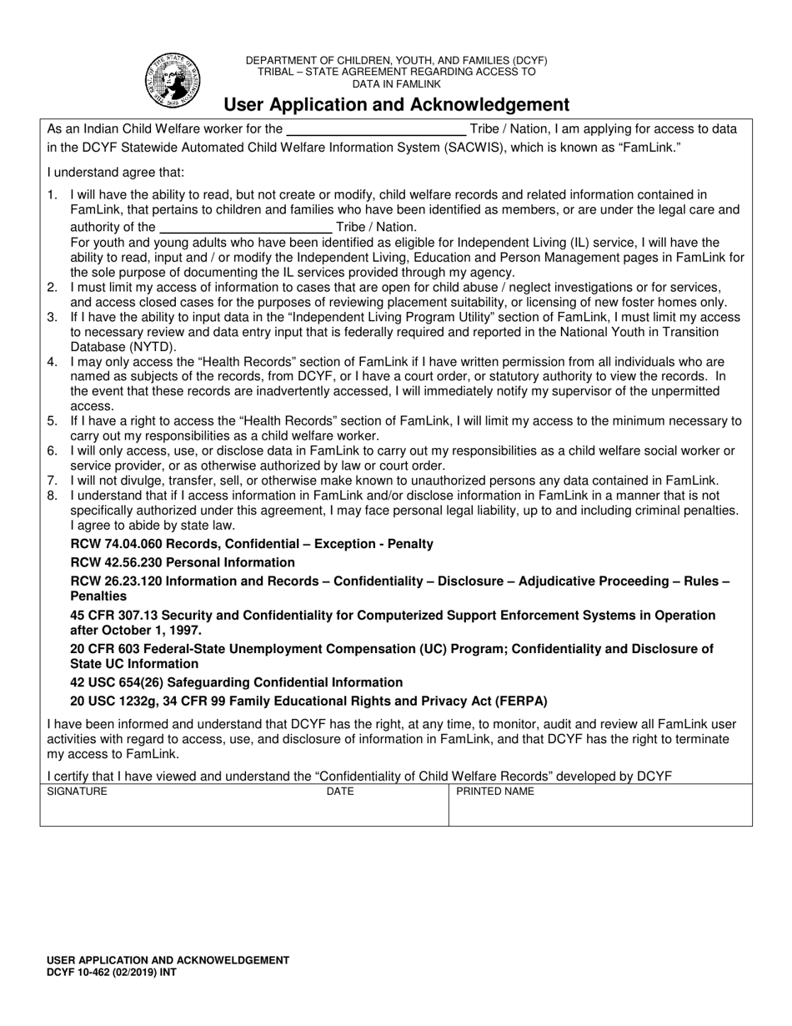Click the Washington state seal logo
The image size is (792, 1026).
(173, 80)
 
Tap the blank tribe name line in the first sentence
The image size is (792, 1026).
(376, 129)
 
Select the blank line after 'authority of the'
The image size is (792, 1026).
(245, 227)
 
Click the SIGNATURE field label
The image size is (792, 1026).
(77, 792)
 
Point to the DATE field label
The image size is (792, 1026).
(340, 792)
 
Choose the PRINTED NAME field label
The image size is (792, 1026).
(495, 792)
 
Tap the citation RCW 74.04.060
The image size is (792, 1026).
(119, 544)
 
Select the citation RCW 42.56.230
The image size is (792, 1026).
(119, 562)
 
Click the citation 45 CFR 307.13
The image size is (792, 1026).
(120, 616)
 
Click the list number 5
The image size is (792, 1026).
(52, 421)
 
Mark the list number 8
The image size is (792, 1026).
(52, 495)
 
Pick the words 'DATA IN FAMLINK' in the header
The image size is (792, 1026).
(396, 84)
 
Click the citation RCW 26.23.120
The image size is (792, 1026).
(119, 581)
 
